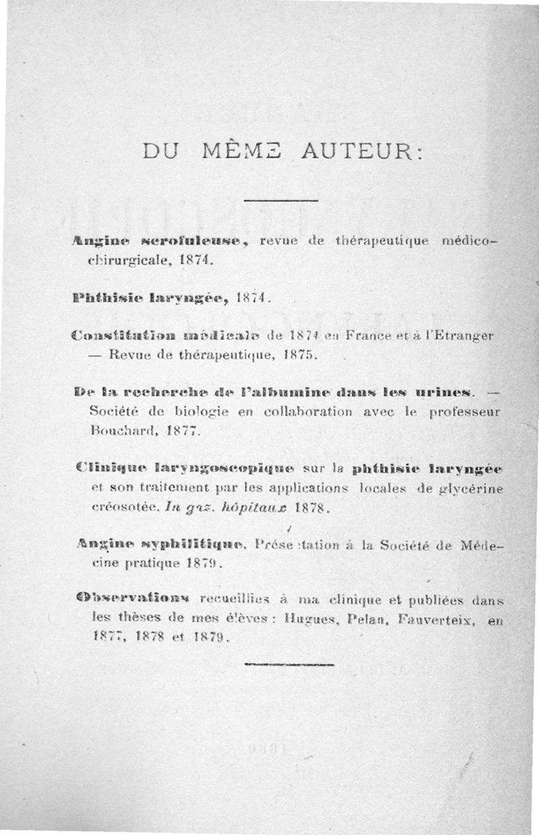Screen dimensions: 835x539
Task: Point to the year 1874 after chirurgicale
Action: click(x=196, y=259)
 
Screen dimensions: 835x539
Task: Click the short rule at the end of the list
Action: click(x=289, y=663)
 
